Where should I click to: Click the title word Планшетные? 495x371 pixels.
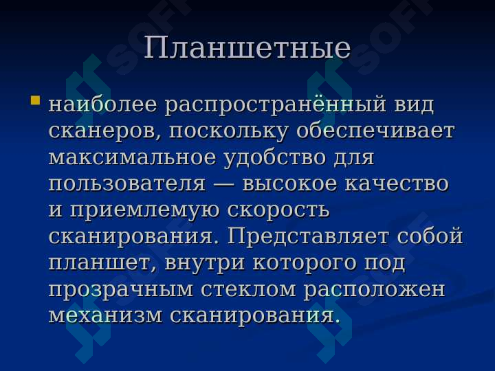(247, 48)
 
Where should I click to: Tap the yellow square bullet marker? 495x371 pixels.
(35, 100)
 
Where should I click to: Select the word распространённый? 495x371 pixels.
(276, 105)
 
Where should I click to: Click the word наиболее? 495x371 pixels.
(103, 104)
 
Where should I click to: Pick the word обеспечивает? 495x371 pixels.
(375, 131)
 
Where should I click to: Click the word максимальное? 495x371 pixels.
(132, 157)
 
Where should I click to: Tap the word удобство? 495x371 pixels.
(275, 158)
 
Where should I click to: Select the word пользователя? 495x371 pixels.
(127, 184)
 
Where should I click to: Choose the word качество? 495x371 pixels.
(396, 184)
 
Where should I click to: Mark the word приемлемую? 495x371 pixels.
(144, 211)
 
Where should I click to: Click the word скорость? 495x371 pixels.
(278, 210)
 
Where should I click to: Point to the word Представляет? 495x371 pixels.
(308, 236)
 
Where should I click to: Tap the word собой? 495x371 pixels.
(430, 236)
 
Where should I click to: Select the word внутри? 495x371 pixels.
(205, 263)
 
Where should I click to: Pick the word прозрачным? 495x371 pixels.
(120, 290)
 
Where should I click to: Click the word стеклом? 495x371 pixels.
(248, 290)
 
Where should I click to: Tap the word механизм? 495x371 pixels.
(105, 316)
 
